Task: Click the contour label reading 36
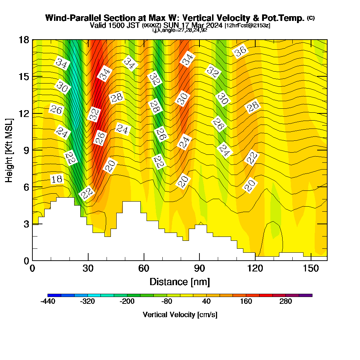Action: [x=240, y=52]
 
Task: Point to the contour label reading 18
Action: [x=57, y=179]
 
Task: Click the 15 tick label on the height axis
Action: [x=24, y=77]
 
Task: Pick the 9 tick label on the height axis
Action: [x=26, y=150]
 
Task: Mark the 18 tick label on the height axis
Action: [x=24, y=40]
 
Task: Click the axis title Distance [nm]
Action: [x=180, y=282]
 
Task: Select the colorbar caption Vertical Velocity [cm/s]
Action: [x=180, y=315]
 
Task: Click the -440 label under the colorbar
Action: [x=48, y=302]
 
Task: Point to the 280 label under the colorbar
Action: [x=285, y=302]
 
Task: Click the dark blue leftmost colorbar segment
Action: [x=54, y=295]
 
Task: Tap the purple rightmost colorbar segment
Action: [x=306, y=295]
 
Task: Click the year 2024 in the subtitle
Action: [x=214, y=26]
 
